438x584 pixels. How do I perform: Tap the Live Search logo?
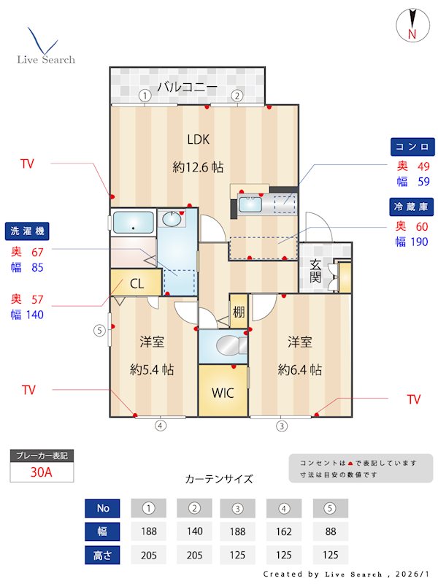click(45, 47)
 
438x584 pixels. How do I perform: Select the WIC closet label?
click(222, 393)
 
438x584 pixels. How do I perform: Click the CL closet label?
click(136, 283)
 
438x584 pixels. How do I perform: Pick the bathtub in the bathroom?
click(133, 222)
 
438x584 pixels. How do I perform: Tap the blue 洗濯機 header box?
click(28, 231)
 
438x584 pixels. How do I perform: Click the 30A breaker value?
click(42, 472)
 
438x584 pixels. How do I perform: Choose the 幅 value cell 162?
click(285, 531)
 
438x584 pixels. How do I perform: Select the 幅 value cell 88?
click(330, 531)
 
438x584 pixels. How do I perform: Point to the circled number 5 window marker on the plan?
click(99, 330)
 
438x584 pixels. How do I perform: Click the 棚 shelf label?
click(239, 312)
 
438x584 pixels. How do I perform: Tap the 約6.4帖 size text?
click(300, 370)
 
